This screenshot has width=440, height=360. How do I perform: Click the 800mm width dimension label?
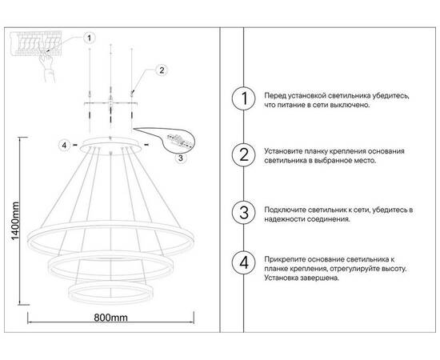click(x=111, y=318)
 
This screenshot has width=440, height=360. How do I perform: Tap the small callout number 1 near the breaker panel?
click(x=90, y=37)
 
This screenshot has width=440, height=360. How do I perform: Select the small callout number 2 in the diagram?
click(x=161, y=70)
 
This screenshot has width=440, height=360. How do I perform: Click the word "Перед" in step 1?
click(x=277, y=95)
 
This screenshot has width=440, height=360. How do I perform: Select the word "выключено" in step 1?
click(x=347, y=106)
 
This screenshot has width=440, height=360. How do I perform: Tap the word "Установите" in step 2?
click(x=286, y=150)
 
